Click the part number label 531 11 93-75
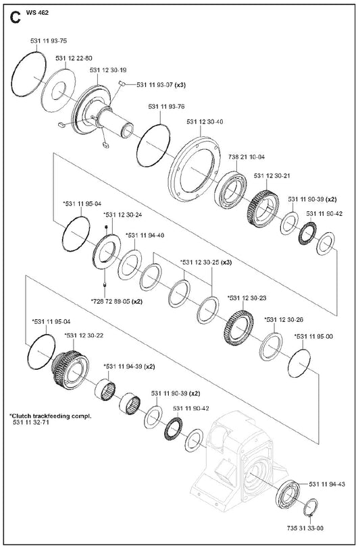click(x=49, y=41)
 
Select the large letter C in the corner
click(x=16, y=18)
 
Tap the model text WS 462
click(x=37, y=13)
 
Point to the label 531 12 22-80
click(x=74, y=58)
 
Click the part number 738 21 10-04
click(x=247, y=157)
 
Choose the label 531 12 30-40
click(x=205, y=122)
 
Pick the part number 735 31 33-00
click(x=305, y=528)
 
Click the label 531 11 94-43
click(x=327, y=484)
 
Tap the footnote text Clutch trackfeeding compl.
click(x=51, y=416)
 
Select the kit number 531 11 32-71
click(x=31, y=422)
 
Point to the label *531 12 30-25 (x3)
click(x=206, y=262)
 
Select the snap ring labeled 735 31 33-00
click(x=310, y=508)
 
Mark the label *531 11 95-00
click(x=314, y=337)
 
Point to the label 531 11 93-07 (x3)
click(x=161, y=85)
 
